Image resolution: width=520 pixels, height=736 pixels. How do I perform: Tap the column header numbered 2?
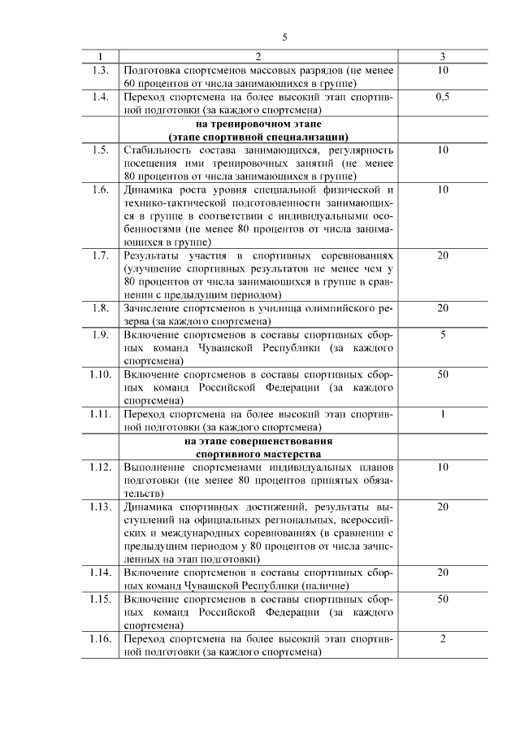click(x=258, y=57)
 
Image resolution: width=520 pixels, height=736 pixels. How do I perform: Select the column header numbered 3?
click(x=442, y=57)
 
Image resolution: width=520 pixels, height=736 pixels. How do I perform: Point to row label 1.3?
click(x=100, y=70)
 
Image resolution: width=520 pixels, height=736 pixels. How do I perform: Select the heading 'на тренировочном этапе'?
click(x=258, y=124)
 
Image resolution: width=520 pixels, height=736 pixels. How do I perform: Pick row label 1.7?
click(x=100, y=255)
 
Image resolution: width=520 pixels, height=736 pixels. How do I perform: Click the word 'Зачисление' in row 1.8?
click(x=152, y=308)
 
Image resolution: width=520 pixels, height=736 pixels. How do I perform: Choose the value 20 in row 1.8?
click(x=443, y=308)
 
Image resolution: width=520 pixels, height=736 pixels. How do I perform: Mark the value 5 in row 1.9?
click(x=443, y=334)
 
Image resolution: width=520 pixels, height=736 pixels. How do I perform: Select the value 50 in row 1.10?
click(x=443, y=374)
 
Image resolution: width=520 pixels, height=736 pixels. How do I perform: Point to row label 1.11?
click(x=100, y=413)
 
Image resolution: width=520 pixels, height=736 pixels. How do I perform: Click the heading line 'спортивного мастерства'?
click(x=258, y=453)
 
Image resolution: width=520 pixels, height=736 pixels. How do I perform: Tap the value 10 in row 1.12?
click(x=443, y=467)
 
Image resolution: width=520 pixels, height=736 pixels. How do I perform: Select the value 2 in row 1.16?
click(x=443, y=638)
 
